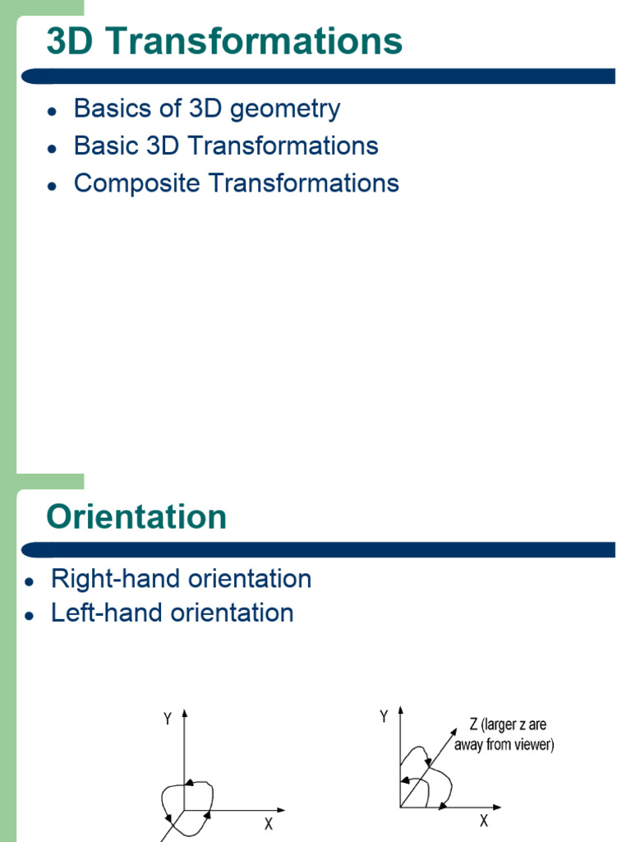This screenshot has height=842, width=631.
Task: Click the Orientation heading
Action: point(136,516)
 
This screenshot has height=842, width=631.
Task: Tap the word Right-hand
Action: point(114,579)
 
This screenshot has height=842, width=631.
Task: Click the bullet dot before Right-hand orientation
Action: point(30,581)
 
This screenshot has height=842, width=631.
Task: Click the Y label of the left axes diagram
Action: point(168,719)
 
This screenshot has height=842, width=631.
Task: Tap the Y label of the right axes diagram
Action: point(384,717)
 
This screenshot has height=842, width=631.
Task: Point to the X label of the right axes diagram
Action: point(484,821)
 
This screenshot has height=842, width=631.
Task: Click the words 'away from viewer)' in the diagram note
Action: point(504,746)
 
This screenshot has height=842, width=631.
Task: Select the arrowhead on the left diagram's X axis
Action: point(282,810)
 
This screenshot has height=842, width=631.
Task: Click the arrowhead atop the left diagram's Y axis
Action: point(187,712)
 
